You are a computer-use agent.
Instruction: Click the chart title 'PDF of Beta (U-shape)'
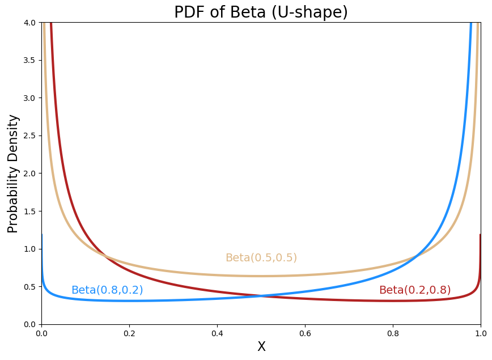tap(261, 12)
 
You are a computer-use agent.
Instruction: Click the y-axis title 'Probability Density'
tap(13, 173)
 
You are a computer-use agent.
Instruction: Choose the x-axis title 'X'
tap(261, 346)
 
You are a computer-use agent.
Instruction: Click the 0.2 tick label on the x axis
tap(129, 334)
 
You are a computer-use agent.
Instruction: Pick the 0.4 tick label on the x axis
tap(217, 334)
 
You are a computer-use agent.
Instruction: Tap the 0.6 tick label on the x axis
tap(305, 334)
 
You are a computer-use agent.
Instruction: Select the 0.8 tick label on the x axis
tap(393, 334)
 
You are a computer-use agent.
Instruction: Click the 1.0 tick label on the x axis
tap(480, 334)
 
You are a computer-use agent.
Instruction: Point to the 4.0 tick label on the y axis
tap(29, 23)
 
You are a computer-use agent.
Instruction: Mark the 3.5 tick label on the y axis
tap(29, 60)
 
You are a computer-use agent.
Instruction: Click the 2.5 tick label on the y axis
tap(29, 135)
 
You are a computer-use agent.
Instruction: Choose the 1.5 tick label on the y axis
tap(29, 211)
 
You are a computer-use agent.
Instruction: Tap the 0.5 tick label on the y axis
tap(29, 286)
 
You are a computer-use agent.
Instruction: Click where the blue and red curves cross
tap(261, 296)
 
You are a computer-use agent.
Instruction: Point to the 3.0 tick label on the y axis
tap(29, 98)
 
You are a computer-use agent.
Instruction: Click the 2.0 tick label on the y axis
tap(29, 173)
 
